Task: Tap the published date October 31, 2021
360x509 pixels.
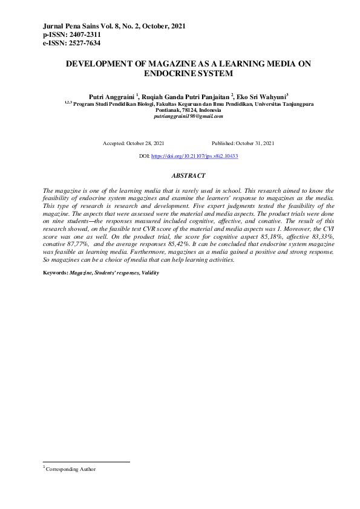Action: point(255,143)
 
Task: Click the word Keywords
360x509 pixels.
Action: point(55,273)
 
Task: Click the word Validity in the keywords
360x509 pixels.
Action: point(150,273)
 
